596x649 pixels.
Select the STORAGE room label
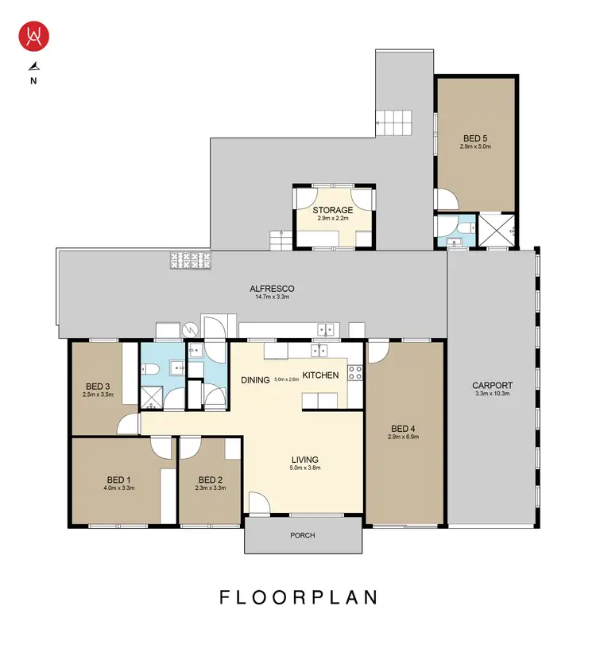pos(332,210)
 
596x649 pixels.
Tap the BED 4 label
pos(404,427)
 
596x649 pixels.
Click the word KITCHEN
pos(320,375)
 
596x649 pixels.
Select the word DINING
pos(256,380)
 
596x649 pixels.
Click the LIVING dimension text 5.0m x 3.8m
pos(304,469)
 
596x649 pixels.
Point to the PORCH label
pos(303,535)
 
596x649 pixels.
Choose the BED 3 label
pos(97,386)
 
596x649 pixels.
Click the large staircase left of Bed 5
pos(396,122)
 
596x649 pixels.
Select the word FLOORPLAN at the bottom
pos(298,597)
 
